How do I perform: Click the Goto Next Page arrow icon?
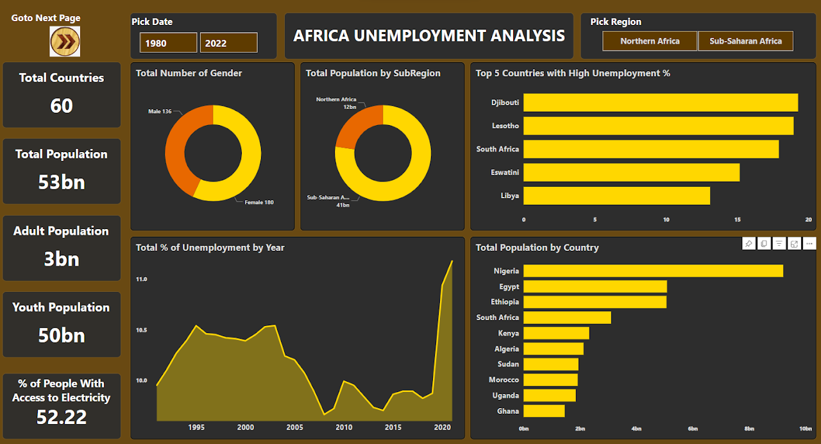[x=65, y=42]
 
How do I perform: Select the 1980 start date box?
[x=168, y=43]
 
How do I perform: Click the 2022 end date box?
[x=228, y=43]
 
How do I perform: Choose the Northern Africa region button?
[x=650, y=41]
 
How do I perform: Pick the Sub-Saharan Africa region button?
[x=745, y=41]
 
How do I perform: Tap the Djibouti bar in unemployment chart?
[x=661, y=103]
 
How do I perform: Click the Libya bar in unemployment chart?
[x=616, y=196]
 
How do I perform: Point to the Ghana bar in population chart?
[x=544, y=411]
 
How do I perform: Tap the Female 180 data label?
[x=259, y=202]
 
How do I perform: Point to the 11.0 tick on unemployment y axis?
[x=141, y=280]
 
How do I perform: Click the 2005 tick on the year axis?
[x=295, y=427]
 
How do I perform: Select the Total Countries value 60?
[x=62, y=105]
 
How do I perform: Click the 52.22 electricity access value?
[x=62, y=417]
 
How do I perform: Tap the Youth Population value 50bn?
[x=62, y=335]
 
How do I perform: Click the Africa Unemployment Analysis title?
[x=429, y=36]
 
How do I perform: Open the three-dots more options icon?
[x=809, y=243]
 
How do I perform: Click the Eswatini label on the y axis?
[x=506, y=173]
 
